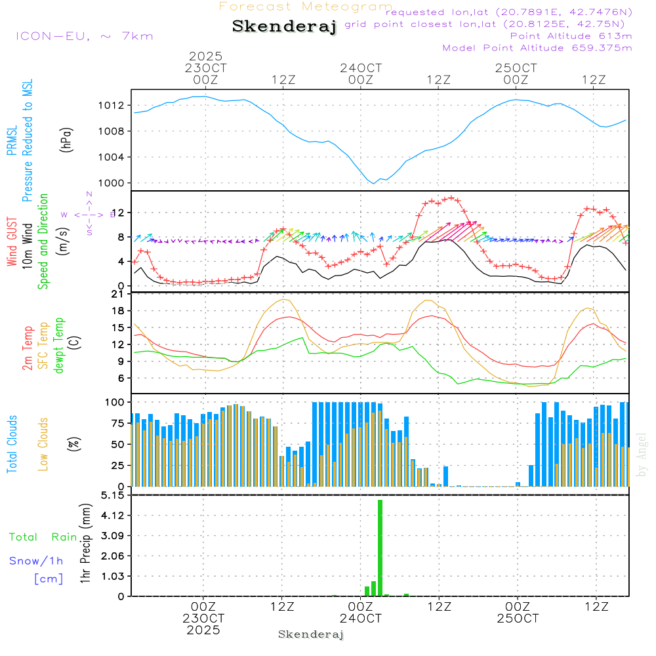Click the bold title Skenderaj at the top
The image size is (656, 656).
284,27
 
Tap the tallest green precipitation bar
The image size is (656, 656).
380,548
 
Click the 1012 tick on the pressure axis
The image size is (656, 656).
111,106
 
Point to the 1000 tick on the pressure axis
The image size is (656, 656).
111,183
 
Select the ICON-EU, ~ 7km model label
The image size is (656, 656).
84,36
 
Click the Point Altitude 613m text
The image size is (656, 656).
571,36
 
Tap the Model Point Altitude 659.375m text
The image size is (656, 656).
537,48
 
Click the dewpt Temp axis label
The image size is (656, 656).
60,346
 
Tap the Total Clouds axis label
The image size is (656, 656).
12,444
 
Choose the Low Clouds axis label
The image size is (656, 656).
44,444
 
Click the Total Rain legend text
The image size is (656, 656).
43,537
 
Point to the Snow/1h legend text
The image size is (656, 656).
36,561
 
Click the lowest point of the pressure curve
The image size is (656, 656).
374,183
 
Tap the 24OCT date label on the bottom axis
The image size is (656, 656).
360,619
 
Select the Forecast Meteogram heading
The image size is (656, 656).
306,7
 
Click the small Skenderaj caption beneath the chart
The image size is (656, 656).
311,634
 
